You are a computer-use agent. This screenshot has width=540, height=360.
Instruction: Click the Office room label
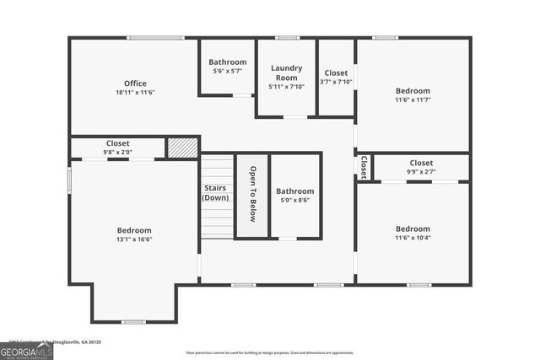135,83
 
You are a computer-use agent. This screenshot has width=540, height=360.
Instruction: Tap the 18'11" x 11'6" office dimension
135,92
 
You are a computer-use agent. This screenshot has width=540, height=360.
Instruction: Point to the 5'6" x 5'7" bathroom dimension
228,72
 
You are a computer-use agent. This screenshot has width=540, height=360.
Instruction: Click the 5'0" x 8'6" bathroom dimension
294,201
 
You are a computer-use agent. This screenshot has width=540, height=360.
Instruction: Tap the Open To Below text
252,194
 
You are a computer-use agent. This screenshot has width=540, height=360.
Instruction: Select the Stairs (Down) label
215,192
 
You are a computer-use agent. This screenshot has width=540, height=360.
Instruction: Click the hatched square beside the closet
182,147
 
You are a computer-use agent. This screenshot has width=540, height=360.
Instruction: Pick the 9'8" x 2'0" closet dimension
117,153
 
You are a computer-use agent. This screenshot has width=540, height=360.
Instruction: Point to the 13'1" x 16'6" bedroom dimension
134,239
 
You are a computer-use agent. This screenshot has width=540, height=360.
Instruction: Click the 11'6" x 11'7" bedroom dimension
413,100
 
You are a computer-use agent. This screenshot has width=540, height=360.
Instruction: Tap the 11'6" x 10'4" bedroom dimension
413,238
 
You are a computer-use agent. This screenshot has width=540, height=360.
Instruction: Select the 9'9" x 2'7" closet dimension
421,172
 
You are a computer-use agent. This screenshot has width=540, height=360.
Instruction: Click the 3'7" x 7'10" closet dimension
336,82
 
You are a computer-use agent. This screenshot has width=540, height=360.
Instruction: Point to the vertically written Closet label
364,165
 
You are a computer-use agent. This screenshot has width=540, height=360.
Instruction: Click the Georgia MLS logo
27,351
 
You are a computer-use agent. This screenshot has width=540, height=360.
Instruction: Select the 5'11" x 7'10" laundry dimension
287,86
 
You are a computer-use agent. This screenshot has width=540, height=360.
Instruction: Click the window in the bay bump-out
133,321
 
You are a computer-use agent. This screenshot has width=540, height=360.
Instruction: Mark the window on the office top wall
155,38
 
